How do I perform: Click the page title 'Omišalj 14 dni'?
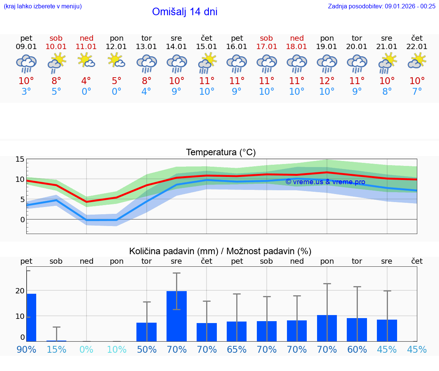point(185,12)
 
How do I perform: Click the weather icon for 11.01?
point(87,61)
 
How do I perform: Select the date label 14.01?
point(176,47)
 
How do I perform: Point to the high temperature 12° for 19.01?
point(327,81)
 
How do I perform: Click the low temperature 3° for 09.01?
point(26,92)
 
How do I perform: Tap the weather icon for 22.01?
point(417,61)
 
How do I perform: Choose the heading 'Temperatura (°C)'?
point(221,153)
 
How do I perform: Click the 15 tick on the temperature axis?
point(20,159)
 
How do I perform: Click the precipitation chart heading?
point(220,251)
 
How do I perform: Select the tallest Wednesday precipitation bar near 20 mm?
point(176,316)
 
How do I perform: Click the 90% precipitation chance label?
point(26,349)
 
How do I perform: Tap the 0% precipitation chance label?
point(87,349)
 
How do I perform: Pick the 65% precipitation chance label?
point(237,349)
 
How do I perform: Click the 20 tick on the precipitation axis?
point(20,291)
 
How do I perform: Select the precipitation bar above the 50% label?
point(147,332)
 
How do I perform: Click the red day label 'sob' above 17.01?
point(266,38)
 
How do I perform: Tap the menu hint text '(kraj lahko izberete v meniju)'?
point(43,6)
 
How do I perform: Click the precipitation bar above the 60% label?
point(357,330)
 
